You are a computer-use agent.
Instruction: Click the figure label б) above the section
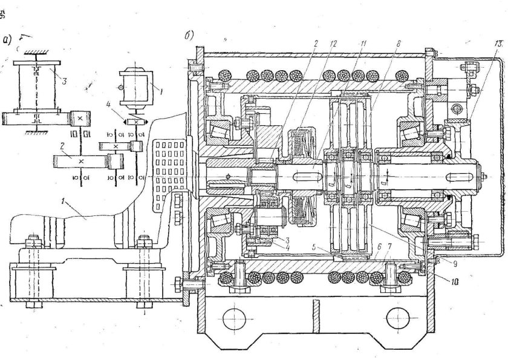point(189,36)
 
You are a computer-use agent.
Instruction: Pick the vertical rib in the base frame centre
point(314,315)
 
